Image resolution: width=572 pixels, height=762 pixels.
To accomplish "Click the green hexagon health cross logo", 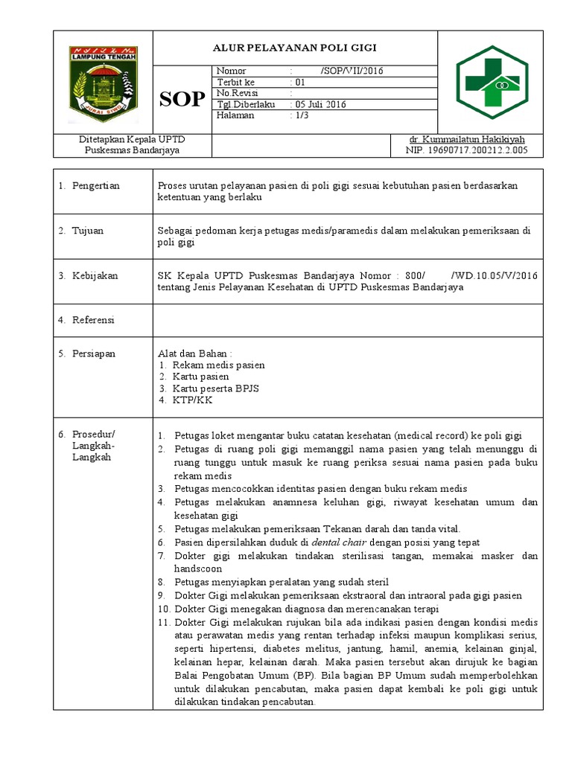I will pos(492,82).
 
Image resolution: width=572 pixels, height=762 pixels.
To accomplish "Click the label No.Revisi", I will pos(236,93).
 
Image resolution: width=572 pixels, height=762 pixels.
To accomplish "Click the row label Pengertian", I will pos(95,185).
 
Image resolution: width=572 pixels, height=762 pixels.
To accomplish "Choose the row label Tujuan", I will pos(87,231).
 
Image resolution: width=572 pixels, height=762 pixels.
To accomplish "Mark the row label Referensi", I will pos(93,320).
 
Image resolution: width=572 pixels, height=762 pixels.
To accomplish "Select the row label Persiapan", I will pos(94,353).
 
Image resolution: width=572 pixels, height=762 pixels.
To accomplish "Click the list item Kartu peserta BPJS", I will pos(215,388).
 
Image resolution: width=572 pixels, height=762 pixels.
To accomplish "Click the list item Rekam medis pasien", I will pos(218,365).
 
